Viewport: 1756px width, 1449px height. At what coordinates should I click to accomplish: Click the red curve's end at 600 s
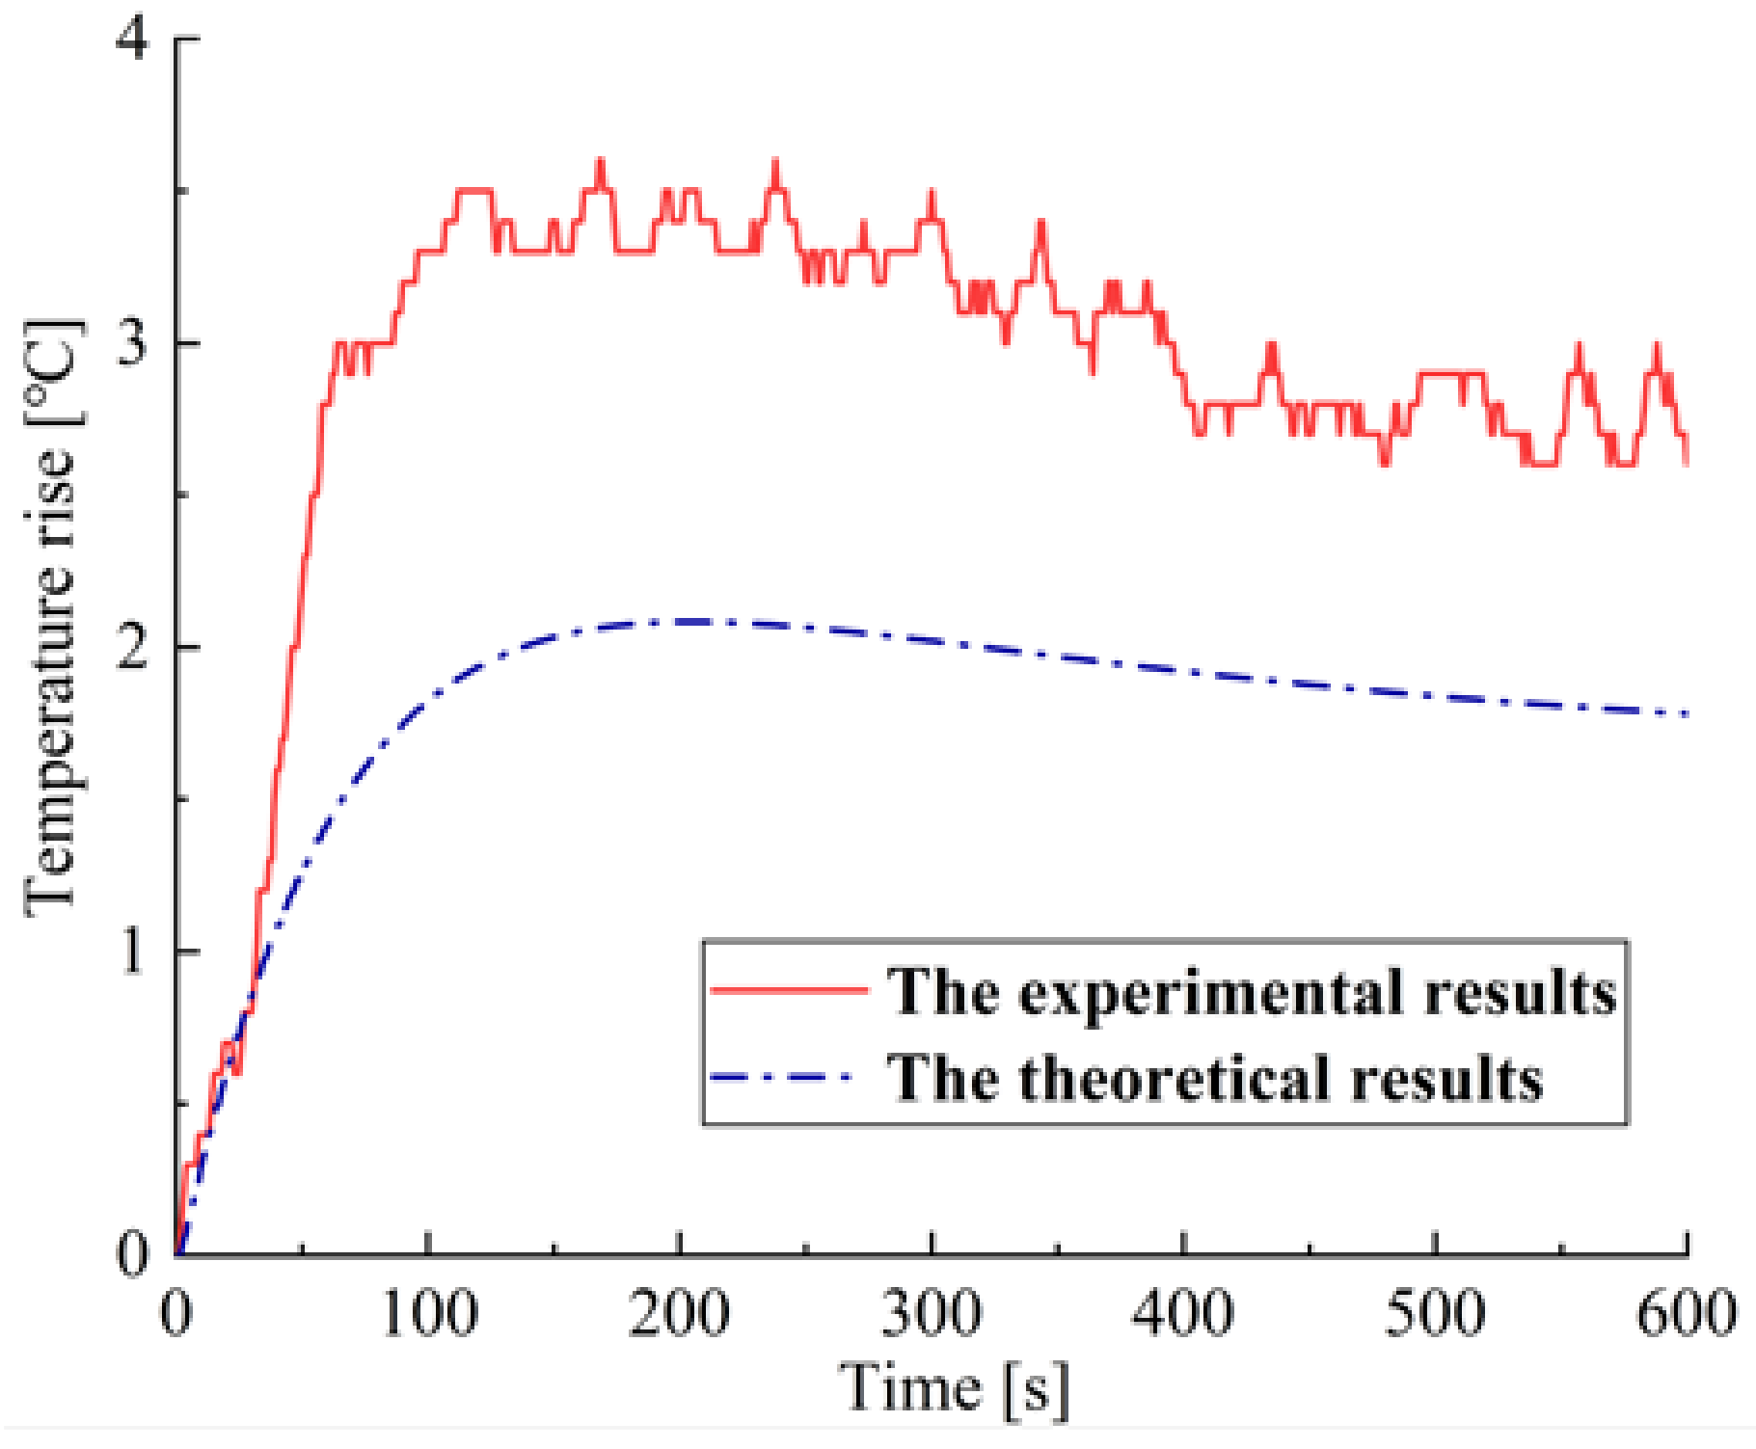point(1686,463)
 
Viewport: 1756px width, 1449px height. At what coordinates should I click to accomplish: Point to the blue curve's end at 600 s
point(1686,714)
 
